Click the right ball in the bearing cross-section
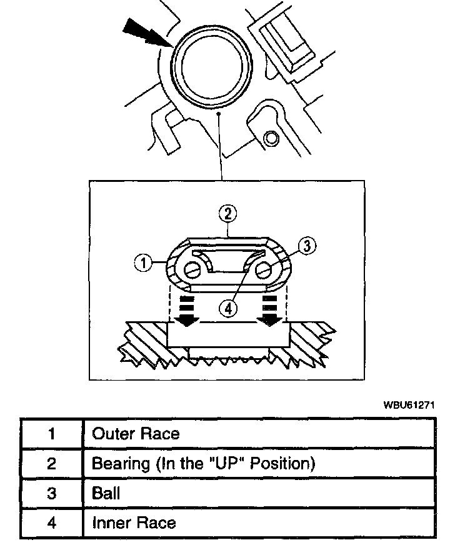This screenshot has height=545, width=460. (x=264, y=270)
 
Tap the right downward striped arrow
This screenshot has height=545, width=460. (x=270, y=311)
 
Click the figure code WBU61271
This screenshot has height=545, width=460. (x=409, y=404)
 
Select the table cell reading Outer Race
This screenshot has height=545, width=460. (x=136, y=434)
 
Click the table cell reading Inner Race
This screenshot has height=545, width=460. (x=134, y=522)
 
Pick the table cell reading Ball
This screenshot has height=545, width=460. (x=106, y=492)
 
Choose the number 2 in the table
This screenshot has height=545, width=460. (x=52, y=463)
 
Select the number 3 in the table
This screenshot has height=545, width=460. (x=52, y=492)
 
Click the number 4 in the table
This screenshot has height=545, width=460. (x=52, y=522)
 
